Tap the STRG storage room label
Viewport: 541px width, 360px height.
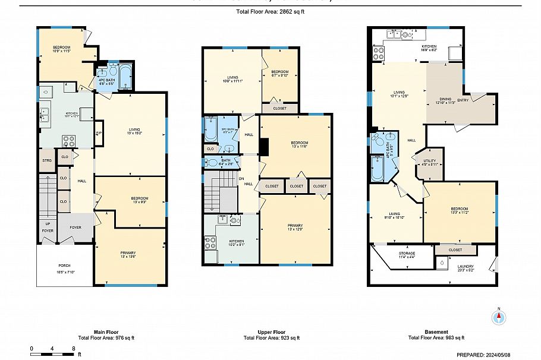pos(46,160)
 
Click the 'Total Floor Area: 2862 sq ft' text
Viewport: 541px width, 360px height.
pos(270,11)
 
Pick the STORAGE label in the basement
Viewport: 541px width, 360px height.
pos(407,254)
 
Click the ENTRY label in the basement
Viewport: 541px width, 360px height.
pos(479,100)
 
